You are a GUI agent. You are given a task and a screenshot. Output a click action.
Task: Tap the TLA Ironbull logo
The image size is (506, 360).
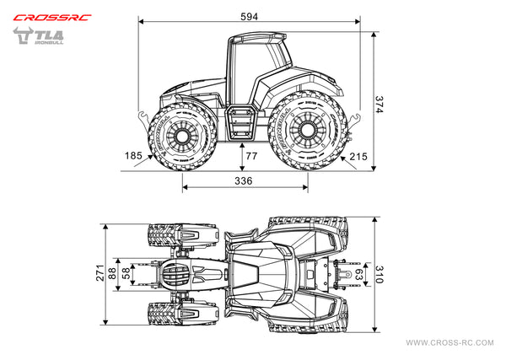40,38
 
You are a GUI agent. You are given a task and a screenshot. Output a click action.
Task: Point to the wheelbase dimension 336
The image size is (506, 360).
243,180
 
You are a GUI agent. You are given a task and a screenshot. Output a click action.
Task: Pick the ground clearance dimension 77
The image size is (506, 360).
251,156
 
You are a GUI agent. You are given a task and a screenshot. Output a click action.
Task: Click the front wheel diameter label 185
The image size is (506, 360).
132,156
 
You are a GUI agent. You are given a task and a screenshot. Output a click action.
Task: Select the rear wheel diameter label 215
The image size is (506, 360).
358,156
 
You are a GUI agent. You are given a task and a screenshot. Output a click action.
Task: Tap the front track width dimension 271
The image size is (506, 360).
100,273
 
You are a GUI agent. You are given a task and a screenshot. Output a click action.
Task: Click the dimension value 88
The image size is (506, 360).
112,273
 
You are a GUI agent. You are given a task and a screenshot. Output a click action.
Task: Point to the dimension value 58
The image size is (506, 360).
126,273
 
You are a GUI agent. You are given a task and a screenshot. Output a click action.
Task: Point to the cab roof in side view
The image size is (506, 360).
257,37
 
